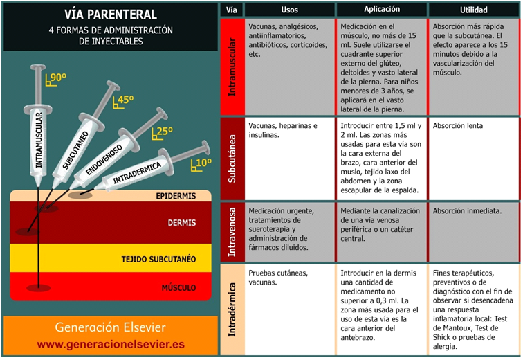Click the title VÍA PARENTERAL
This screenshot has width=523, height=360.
pos(111,14)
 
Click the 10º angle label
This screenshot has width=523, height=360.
pos(202,163)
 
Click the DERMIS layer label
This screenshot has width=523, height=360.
pos(182,223)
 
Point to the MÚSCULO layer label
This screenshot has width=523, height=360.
pos(178,287)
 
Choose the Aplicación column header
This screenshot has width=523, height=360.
pos(382,10)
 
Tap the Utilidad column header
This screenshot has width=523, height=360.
pos(474,10)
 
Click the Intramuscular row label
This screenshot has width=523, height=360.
pos(232,66)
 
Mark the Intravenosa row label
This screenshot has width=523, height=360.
pos(232,231)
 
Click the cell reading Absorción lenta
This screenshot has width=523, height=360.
pos(458,126)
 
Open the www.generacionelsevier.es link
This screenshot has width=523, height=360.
pos(110,344)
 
